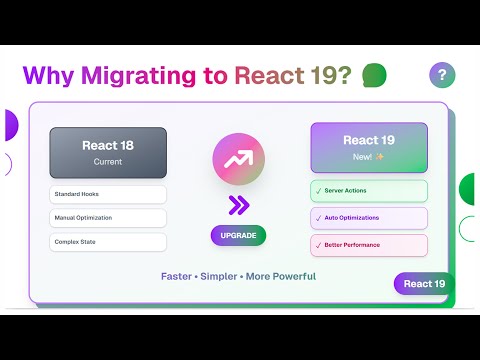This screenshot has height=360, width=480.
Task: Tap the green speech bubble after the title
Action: (x=374, y=75)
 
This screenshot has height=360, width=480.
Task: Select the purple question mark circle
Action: (x=442, y=75)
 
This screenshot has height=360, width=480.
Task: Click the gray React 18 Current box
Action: (x=108, y=152)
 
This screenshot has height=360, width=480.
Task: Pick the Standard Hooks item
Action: (x=108, y=194)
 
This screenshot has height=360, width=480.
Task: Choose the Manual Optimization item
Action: (x=108, y=218)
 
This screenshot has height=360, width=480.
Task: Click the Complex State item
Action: (x=108, y=242)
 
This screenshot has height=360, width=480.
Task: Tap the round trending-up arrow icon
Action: (x=238, y=160)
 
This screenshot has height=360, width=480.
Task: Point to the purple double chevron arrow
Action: (x=238, y=206)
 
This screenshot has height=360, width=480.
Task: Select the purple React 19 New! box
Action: (x=369, y=147)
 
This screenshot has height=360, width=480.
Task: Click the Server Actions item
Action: (x=369, y=191)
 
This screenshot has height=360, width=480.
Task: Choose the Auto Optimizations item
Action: (x=369, y=218)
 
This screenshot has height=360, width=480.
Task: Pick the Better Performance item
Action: (x=369, y=245)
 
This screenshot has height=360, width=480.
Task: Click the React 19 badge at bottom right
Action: (x=424, y=284)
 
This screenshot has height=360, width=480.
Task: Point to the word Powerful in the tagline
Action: (x=289, y=276)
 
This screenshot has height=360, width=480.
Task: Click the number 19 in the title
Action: (x=329, y=75)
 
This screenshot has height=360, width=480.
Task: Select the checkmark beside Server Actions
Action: (x=319, y=191)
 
